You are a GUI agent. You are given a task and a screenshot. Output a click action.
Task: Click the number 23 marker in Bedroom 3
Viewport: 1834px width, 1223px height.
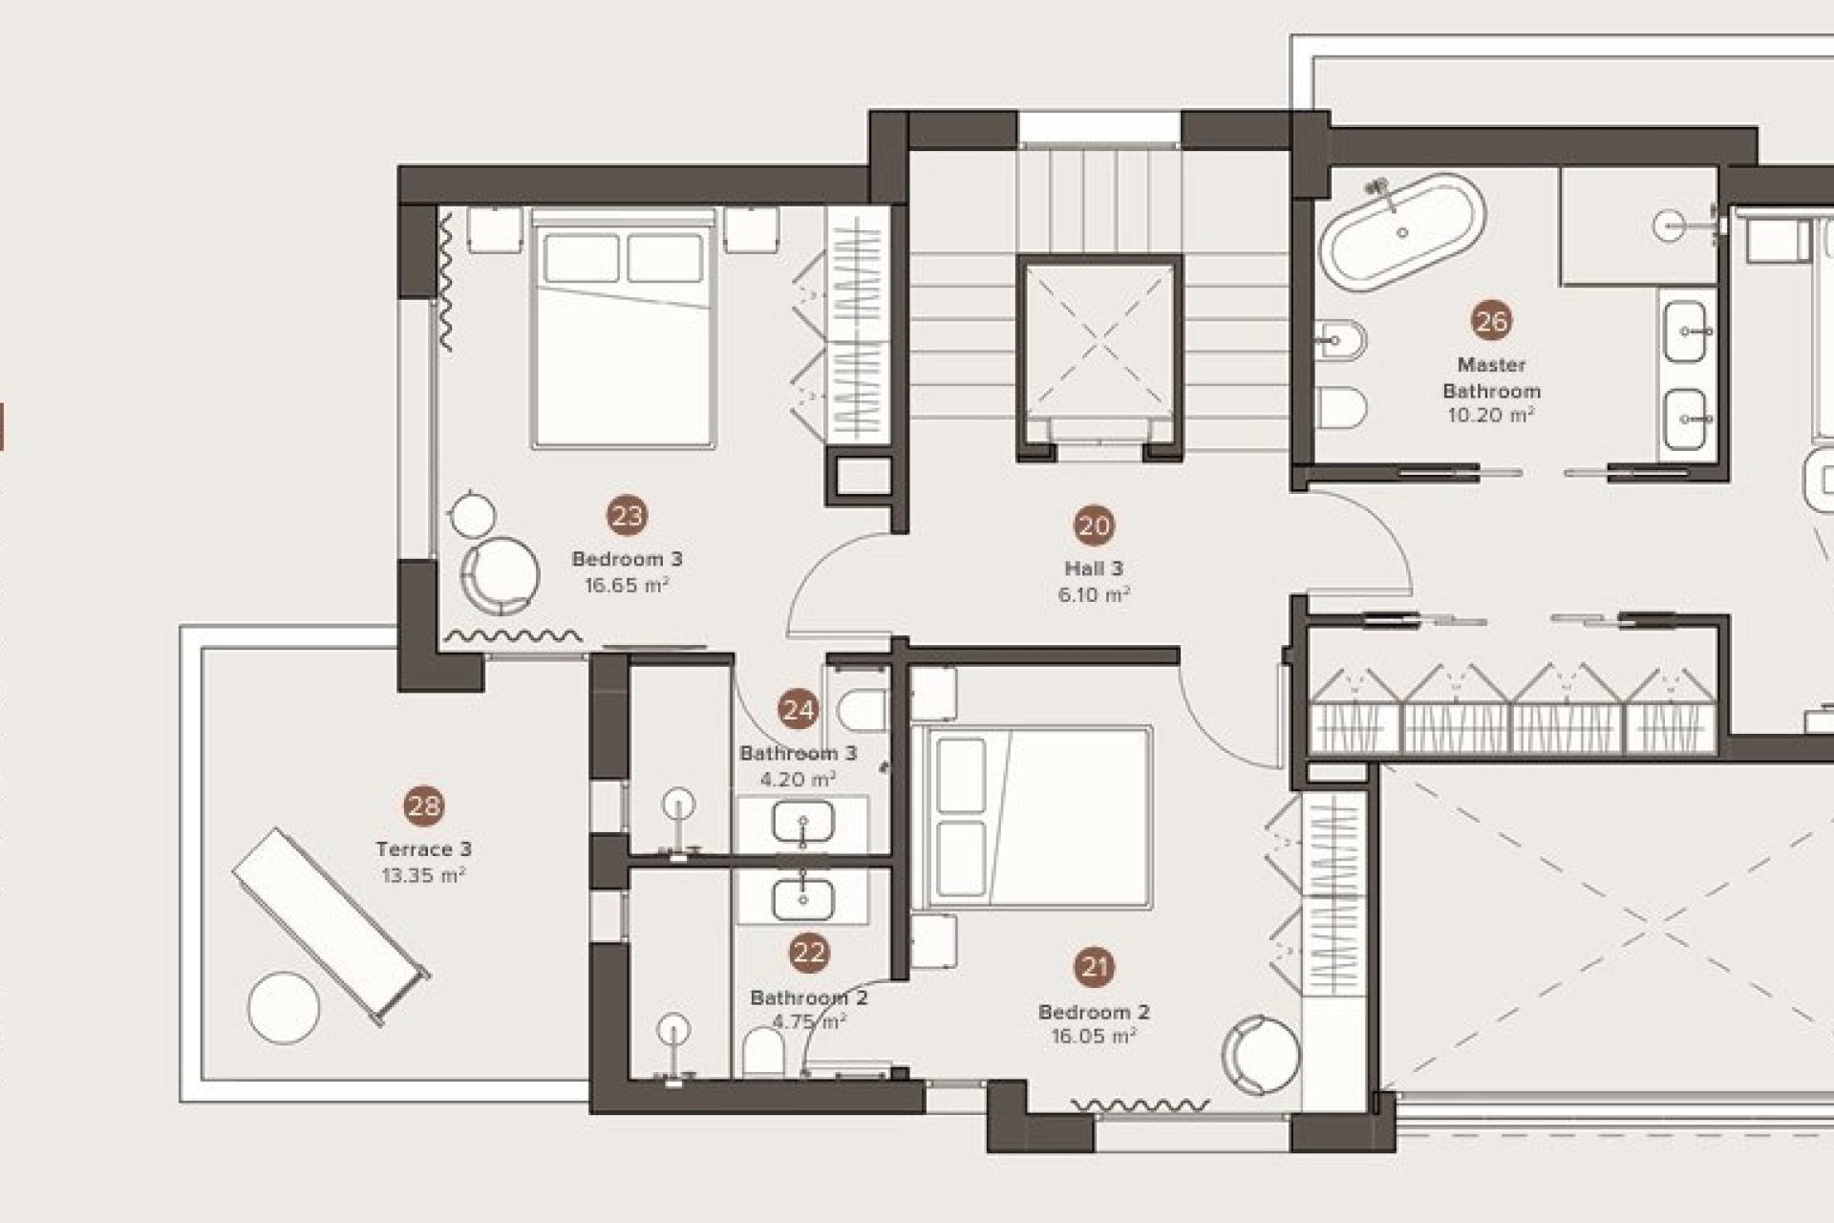[x=627, y=517]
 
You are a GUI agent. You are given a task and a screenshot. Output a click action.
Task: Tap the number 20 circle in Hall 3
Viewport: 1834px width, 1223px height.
[x=1095, y=526]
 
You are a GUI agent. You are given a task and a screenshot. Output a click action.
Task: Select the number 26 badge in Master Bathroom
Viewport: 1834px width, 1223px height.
[x=1491, y=322]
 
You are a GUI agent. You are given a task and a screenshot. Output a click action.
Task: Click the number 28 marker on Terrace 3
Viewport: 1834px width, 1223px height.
[x=424, y=806]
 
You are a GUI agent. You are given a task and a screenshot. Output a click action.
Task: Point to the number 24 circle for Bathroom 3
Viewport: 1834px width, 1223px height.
[x=799, y=710]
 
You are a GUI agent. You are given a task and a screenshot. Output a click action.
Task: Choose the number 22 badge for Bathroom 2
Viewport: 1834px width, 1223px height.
[x=809, y=953]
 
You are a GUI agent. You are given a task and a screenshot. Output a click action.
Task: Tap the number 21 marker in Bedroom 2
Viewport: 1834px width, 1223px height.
[x=1095, y=968]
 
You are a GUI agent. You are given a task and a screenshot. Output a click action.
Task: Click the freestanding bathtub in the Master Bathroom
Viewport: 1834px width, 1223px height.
[x=1402, y=232]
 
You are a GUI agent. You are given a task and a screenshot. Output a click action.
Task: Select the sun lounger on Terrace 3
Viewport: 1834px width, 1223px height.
[x=331, y=925]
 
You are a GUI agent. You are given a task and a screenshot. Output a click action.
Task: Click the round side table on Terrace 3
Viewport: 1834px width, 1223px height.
[x=284, y=1008]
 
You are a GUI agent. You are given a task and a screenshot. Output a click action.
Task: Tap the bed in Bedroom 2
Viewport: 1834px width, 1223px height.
[x=1032, y=816]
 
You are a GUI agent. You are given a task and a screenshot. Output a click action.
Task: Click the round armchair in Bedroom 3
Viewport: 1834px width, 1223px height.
[x=500, y=575]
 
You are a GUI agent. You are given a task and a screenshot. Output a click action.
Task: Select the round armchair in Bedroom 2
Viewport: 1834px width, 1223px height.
[x=1261, y=1055]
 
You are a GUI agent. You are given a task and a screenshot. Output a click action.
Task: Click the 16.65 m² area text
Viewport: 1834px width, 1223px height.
[x=627, y=585]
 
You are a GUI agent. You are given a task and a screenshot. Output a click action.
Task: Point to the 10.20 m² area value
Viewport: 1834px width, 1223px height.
[x=1491, y=415]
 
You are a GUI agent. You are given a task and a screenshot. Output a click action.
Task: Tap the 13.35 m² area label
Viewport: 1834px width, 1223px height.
[x=423, y=874]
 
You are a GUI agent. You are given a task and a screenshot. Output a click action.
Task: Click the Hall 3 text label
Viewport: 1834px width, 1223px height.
[x=1094, y=569]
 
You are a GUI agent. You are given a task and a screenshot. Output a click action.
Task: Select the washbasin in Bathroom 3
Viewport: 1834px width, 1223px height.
[x=802, y=823]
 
